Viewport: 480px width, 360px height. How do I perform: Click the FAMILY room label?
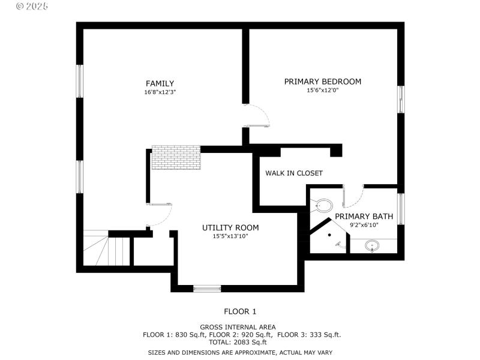[160, 83]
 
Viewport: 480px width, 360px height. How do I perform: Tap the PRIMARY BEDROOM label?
[322, 82]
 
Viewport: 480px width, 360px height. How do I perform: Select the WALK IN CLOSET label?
[294, 173]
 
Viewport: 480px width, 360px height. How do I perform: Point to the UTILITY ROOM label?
[230, 227]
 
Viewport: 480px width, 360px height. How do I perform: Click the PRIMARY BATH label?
[364, 216]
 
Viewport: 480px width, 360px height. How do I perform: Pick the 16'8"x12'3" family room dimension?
[160, 92]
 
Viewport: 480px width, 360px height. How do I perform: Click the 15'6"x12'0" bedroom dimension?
[323, 91]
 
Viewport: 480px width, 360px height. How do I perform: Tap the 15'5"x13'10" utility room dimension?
[230, 236]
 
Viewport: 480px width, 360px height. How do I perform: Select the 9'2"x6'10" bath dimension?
[364, 225]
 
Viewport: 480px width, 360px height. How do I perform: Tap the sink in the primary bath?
[372, 245]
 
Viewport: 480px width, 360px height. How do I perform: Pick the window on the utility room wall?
[208, 289]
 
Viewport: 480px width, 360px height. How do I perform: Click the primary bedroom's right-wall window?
[401, 99]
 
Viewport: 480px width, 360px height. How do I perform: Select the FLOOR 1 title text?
[240, 311]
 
